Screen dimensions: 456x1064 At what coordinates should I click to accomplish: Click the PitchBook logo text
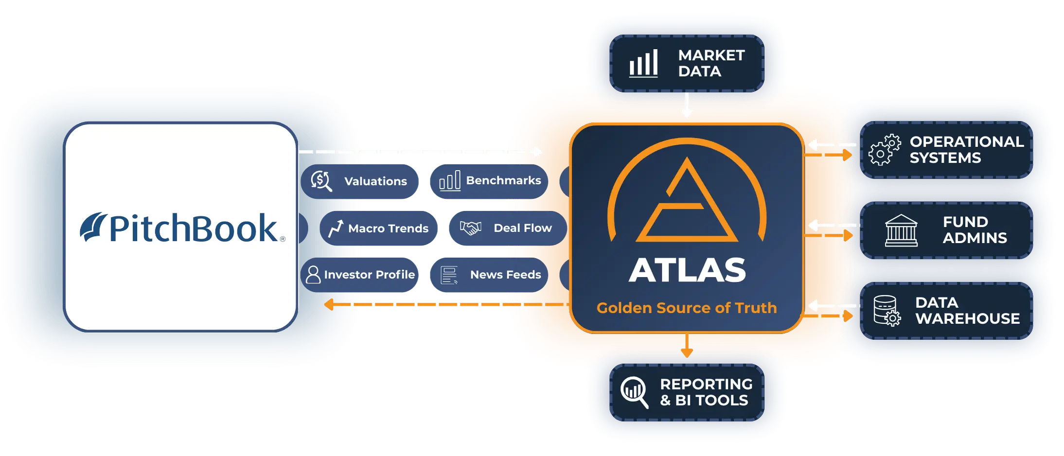194,228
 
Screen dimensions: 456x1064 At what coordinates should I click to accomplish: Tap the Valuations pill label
375,181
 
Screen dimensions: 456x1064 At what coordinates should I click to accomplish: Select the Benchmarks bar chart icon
449,181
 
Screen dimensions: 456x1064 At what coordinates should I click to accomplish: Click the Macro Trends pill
379,228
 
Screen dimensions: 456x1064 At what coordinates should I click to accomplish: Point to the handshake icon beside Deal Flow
470,228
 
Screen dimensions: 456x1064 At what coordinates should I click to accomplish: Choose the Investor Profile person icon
313,275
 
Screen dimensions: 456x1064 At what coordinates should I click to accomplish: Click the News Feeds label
505,275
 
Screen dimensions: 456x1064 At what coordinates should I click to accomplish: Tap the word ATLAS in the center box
687,270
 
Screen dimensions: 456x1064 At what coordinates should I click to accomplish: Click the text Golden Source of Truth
687,308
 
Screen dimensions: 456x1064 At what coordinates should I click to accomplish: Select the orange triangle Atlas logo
687,202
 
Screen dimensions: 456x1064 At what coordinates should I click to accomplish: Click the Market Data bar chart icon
643,63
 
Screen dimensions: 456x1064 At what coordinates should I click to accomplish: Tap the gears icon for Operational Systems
884,150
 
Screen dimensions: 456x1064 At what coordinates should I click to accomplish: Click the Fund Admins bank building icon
901,230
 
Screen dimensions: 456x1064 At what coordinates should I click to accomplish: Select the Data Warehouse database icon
887,311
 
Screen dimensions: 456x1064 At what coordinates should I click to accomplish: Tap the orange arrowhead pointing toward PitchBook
330,305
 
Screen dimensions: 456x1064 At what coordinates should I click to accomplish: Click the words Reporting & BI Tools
706,392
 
